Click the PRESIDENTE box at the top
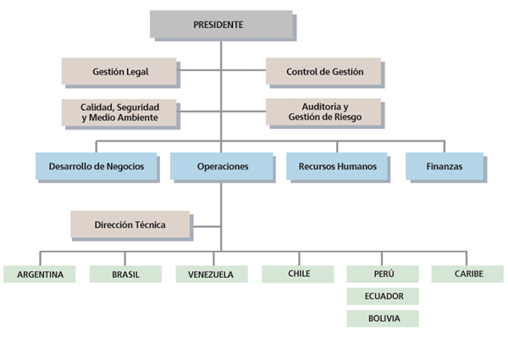(222, 25)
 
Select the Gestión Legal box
(119, 71)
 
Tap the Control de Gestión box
(323, 71)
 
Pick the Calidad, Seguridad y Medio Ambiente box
(119, 111)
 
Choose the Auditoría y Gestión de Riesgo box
(323, 111)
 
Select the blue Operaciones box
(222, 166)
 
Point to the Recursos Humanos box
(336, 166)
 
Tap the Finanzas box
(444, 166)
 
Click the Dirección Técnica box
(130, 224)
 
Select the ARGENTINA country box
(39, 274)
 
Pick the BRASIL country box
(125, 274)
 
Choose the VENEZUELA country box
(211, 274)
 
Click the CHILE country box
(298, 274)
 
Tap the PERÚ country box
(383, 274)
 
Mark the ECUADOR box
(383, 296)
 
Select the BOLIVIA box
(383, 319)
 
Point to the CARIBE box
(467, 274)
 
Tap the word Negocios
(133, 166)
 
